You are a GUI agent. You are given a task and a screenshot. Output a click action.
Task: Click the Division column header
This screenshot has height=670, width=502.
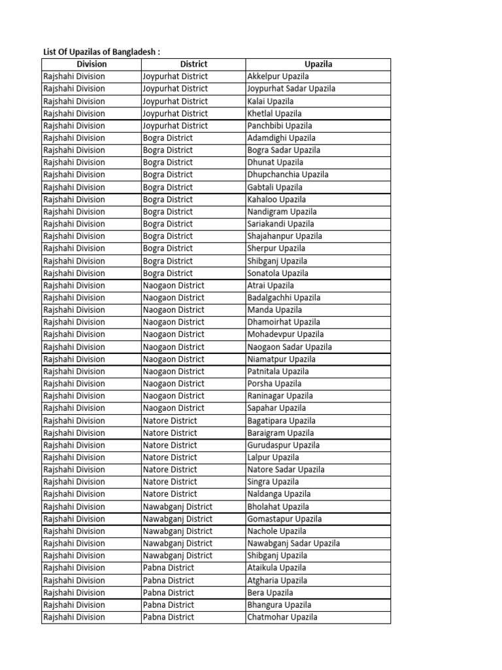point(92,64)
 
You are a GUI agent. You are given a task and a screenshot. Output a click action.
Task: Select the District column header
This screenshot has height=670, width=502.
point(193,64)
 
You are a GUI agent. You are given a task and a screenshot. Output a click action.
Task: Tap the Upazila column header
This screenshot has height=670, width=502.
point(318,64)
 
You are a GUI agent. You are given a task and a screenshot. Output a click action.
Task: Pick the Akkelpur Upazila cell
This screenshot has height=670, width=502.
point(278,77)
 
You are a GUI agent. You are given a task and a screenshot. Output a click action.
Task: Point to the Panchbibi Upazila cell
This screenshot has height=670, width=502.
point(280,126)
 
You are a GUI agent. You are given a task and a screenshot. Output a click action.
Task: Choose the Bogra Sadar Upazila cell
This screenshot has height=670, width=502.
point(284,150)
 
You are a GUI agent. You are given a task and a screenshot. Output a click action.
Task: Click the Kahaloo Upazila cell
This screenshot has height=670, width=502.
point(276,200)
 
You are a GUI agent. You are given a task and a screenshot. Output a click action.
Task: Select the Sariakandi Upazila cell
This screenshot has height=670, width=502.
point(280,224)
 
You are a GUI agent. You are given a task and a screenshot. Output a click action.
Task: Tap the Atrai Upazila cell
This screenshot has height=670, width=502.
point(271,285)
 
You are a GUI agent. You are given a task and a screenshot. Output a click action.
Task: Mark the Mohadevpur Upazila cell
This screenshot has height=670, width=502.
point(286,334)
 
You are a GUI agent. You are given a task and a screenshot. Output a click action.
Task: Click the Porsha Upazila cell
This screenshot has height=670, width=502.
point(275,383)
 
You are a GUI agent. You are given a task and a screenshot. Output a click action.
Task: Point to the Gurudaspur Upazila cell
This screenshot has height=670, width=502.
point(284,445)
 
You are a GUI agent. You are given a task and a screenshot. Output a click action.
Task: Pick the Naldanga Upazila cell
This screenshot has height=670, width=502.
point(279,494)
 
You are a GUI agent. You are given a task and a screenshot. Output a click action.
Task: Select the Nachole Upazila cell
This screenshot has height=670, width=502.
point(276,531)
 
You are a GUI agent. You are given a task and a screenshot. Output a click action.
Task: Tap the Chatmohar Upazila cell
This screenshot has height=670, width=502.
point(282,617)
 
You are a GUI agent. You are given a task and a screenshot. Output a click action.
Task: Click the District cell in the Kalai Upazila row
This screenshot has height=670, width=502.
point(175,101)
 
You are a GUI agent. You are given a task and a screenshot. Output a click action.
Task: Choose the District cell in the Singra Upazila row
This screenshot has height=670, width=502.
point(170,482)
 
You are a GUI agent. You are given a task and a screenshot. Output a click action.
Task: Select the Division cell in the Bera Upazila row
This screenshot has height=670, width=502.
point(74,593)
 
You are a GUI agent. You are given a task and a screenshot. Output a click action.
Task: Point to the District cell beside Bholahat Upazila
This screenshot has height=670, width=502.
point(178,506)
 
